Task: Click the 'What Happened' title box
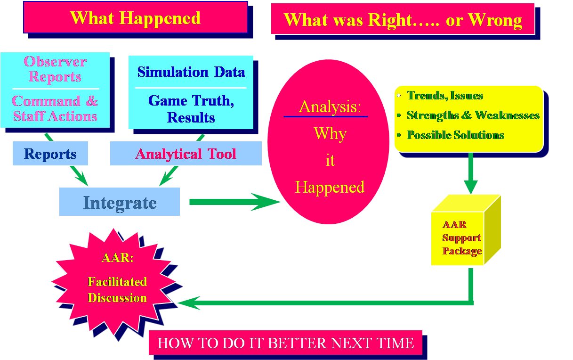136,17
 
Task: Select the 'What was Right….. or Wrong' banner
403,19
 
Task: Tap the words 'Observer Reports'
55,69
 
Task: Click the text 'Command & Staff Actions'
55,108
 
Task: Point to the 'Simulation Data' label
191,72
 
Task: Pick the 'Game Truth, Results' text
191,109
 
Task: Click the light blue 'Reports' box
50,154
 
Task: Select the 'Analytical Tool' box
186,154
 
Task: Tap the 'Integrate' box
120,203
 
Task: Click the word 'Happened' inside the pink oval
330,187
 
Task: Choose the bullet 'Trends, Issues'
444,96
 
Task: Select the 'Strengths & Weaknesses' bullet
473,115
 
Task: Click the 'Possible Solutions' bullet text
455,135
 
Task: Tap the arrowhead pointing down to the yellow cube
470,187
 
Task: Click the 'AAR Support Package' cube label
461,238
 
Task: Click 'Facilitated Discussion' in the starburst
117,290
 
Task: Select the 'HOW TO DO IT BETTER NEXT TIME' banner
285,343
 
